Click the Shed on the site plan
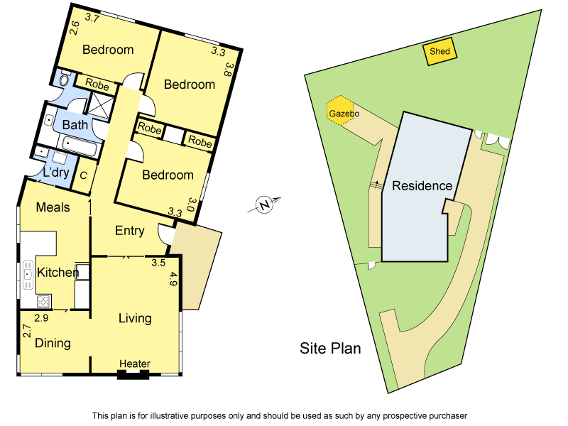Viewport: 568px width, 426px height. click(440, 52)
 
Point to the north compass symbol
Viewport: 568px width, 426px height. click(265, 206)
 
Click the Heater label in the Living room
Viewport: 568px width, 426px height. click(135, 364)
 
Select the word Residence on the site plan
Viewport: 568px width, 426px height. click(422, 186)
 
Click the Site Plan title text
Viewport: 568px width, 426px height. click(330, 349)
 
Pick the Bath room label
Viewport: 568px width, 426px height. click(75, 125)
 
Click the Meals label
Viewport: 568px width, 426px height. click(53, 207)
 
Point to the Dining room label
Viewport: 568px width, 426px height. click(53, 343)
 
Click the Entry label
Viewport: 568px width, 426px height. click(129, 231)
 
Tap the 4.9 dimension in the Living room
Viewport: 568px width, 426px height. click(173, 278)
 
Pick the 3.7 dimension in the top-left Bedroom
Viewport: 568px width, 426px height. click(92, 18)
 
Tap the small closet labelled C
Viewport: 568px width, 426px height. click(83, 175)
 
